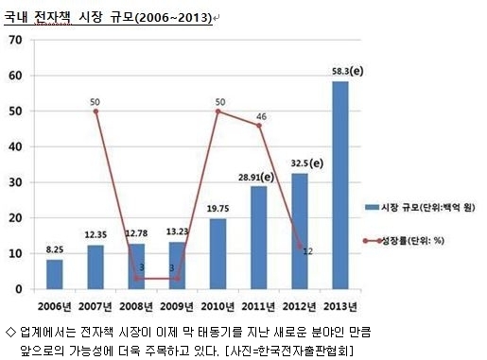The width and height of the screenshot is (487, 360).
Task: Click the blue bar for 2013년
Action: click(x=340, y=185)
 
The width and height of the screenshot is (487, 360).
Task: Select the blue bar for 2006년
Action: click(x=55, y=274)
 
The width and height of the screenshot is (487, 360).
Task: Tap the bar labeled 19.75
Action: click(x=217, y=254)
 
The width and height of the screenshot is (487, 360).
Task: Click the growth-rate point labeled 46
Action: click(x=259, y=126)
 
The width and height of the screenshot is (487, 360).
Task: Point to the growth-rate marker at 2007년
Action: click(x=96, y=111)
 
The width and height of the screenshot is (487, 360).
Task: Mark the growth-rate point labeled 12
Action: click(x=300, y=247)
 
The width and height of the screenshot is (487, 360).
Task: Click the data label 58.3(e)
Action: click(x=348, y=71)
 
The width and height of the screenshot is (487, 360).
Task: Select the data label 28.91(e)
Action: click(x=256, y=178)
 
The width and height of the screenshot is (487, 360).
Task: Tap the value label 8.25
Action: click(x=55, y=249)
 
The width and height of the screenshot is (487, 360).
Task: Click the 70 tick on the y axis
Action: click(x=15, y=40)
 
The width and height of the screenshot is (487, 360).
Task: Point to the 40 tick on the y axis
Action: click(x=15, y=146)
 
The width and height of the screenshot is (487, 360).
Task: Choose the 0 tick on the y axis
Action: click(x=19, y=289)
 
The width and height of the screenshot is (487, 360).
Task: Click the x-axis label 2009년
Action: click(x=177, y=306)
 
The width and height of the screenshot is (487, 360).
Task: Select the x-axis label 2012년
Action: click(x=299, y=306)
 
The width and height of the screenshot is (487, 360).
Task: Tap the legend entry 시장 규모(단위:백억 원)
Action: click(x=420, y=207)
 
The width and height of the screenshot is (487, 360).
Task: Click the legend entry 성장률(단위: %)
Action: click(x=404, y=241)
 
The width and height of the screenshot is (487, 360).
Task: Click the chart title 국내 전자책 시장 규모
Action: click(x=69, y=17)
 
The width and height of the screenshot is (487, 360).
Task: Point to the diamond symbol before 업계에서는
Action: click(x=10, y=332)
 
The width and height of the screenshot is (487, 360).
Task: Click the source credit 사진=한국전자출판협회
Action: click(x=290, y=351)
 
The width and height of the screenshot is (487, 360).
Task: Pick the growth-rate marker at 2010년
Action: click(x=217, y=111)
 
